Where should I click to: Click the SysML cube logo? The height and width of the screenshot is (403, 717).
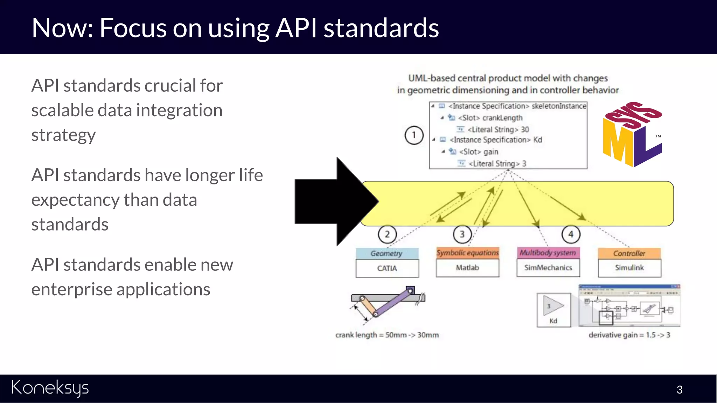point(632,135)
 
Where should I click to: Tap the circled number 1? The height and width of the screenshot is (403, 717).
point(414,135)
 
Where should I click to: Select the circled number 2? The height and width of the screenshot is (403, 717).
point(387,234)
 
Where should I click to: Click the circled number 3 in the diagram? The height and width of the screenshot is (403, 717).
point(462,234)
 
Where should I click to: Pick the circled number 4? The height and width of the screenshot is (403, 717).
point(571,234)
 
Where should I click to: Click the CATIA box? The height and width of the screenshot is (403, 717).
point(387,268)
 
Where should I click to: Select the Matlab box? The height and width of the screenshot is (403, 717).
point(467,268)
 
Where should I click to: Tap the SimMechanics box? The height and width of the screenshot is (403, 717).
point(548,268)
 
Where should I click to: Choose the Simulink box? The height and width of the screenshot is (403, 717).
point(629,268)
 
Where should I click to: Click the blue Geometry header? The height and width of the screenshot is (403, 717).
point(387,253)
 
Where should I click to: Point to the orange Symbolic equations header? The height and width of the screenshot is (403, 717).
point(467,253)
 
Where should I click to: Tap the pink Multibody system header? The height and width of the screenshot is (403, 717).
point(548,253)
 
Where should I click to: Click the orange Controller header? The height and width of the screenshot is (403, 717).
point(629,253)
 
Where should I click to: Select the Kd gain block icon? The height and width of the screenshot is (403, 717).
point(554,310)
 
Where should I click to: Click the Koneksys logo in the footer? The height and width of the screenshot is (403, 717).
point(50,388)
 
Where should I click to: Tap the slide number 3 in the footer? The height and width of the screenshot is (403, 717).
point(679,390)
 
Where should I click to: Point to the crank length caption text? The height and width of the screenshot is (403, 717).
point(387,335)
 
